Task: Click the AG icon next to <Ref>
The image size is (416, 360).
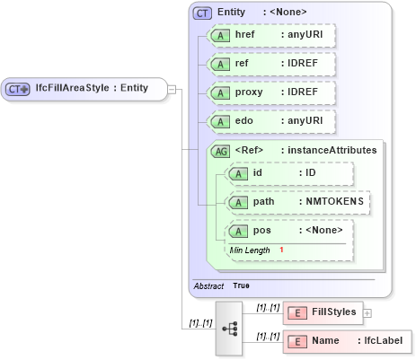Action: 220,151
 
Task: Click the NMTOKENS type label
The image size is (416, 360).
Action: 332,202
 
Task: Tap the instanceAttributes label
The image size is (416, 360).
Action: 332,151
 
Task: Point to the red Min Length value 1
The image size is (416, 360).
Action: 281,250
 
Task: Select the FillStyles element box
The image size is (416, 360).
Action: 322,312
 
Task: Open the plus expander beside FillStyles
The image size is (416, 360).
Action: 367,312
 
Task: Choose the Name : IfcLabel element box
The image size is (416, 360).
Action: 348,341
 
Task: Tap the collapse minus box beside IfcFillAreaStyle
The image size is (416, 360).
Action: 173,88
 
